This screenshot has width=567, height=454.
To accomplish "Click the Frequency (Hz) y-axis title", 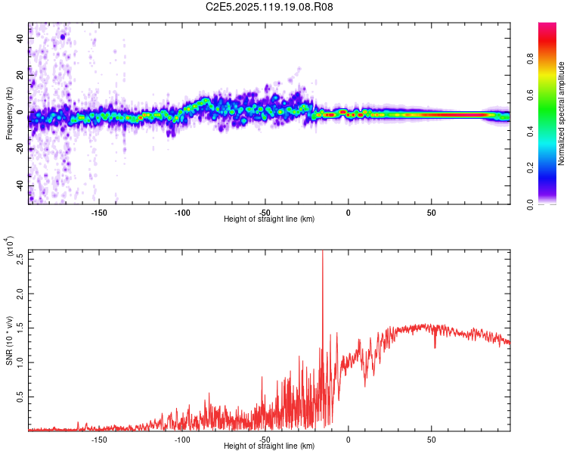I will point(9,113).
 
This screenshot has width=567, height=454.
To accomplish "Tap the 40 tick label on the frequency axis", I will point(20,38).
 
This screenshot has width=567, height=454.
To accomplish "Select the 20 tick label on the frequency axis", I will point(20,75).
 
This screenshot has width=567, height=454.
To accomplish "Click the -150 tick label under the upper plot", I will point(99,213).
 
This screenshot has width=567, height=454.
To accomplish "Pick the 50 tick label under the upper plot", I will point(431,213).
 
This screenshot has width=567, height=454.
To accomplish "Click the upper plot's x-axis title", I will point(269,219).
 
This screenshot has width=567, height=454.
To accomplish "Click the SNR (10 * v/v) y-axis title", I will point(9,340).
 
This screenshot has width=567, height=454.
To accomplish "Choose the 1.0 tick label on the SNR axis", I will point(20,362).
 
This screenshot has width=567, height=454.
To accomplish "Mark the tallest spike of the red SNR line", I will point(323,253).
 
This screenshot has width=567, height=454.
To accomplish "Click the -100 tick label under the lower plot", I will point(182,439).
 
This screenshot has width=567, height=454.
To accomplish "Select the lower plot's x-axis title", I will point(269,446).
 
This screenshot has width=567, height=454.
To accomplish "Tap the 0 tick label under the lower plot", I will point(349,439).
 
